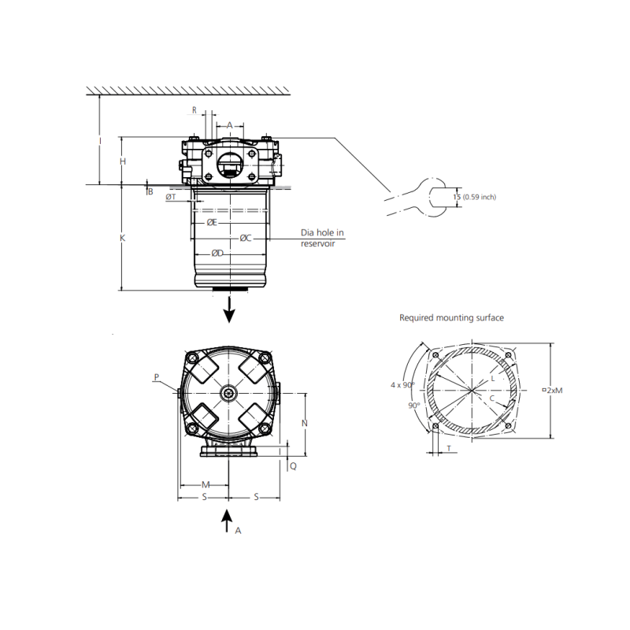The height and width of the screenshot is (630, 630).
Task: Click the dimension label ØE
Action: point(212,223)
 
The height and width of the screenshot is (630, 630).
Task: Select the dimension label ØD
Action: point(217,254)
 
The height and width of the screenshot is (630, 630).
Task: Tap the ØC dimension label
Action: point(246,239)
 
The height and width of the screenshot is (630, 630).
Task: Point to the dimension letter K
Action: point(123,238)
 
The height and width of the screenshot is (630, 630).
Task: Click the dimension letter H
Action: point(123,161)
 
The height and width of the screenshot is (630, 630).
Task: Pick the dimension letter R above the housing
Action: point(195,110)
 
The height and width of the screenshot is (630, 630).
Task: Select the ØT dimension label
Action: point(171,197)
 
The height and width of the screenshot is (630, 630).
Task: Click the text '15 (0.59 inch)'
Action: point(475,197)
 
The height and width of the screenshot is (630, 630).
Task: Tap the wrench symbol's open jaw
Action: point(438,198)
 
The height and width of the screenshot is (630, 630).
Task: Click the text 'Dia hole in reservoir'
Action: point(322,238)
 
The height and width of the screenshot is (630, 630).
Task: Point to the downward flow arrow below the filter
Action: point(229,309)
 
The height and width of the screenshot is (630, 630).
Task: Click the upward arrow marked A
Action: point(227,521)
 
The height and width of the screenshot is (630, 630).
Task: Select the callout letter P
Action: point(157,377)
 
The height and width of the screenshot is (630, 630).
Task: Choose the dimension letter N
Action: point(305,423)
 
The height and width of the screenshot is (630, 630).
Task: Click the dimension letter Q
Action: point(293,466)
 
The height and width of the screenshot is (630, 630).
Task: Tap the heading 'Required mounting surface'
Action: point(451,318)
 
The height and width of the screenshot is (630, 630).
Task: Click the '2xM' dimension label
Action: point(553,390)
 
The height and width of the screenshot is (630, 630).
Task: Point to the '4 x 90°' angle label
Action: point(402,385)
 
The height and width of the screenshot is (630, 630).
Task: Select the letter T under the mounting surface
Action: point(449,448)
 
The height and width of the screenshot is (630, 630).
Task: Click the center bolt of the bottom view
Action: point(229,393)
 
